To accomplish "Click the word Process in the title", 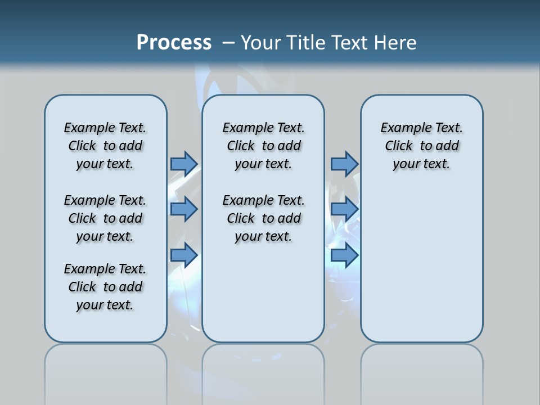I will [174, 43].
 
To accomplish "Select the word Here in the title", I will [395, 43].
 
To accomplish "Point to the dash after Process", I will [228, 43].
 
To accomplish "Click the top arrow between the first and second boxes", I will [184, 164].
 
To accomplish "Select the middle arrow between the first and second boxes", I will [184, 209].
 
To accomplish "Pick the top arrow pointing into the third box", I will [344, 164].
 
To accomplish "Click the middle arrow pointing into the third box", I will [344, 209].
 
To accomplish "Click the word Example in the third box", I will [402, 128].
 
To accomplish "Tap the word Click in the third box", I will [399, 146].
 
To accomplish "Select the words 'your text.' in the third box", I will [421, 164].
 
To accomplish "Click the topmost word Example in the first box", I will [85, 128].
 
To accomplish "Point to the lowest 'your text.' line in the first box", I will [105, 305].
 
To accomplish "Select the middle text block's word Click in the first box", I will [82, 218].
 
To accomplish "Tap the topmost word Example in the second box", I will [244, 128].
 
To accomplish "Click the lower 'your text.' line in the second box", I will [263, 236].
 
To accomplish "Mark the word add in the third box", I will [448, 146].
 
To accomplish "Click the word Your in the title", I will [262, 43].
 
